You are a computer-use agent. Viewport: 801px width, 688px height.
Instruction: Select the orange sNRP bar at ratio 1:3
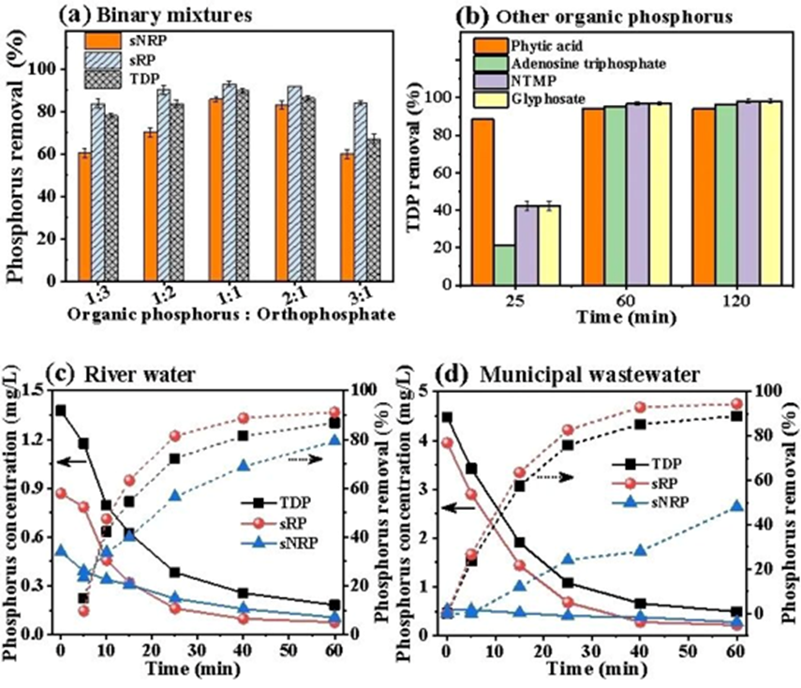point(85,217)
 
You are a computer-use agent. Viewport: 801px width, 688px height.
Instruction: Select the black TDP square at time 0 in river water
point(61,411)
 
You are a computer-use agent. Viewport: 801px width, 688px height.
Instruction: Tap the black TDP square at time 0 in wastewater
point(447,418)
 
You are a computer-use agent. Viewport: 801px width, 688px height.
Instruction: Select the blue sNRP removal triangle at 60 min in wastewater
point(737,506)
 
